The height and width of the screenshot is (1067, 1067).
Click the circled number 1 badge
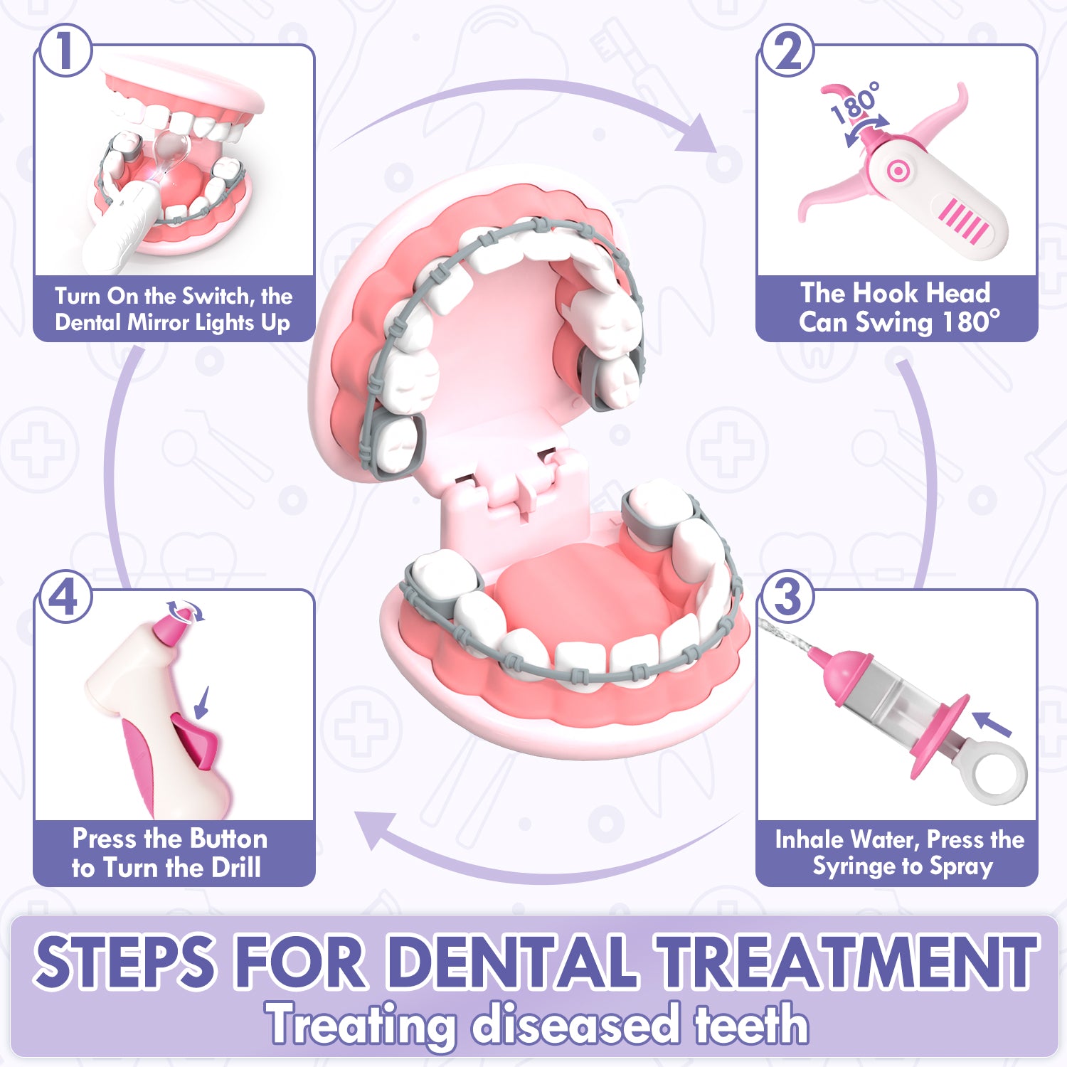pos(65,51)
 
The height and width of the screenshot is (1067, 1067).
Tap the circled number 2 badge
pos(787,51)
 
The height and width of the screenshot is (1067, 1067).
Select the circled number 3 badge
pos(787,596)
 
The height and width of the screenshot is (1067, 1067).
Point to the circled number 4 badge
pos(65,596)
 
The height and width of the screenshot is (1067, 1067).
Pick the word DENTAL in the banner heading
pos(515,961)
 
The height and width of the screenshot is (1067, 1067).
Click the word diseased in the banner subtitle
pos(576,1024)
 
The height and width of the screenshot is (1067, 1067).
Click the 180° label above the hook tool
pos(856,103)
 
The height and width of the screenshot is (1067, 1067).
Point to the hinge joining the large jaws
pos(516,484)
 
